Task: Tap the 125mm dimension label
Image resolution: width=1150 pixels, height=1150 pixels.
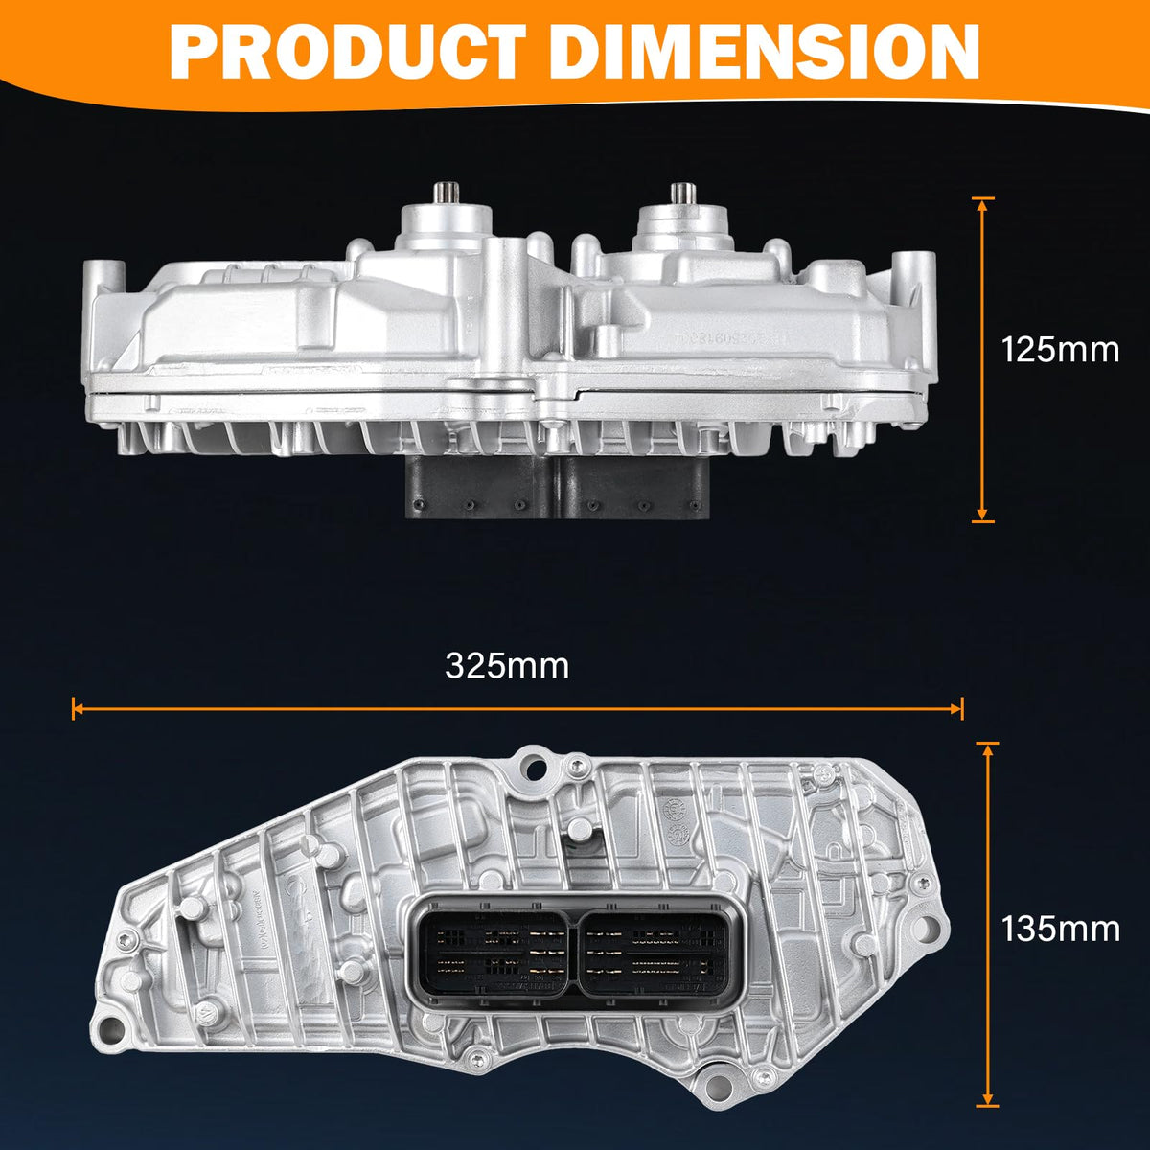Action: tap(1060, 350)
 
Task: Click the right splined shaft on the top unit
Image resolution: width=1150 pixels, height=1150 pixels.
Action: tap(681, 194)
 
